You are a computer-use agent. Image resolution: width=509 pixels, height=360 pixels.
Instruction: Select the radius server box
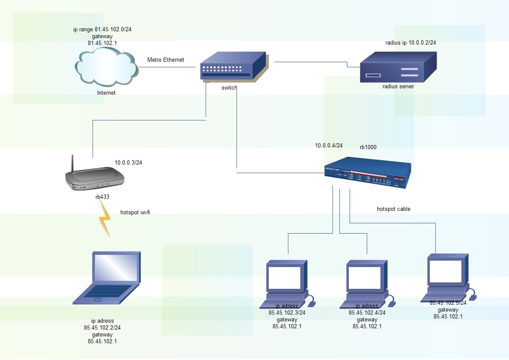[398, 67]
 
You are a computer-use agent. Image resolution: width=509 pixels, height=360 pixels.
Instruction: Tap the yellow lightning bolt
[105, 221]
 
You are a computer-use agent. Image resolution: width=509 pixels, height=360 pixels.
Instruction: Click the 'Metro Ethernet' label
[165, 60]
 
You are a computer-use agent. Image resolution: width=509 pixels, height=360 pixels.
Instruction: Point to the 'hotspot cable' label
[393, 209]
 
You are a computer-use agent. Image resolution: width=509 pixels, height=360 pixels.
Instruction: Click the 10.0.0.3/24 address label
[128, 163]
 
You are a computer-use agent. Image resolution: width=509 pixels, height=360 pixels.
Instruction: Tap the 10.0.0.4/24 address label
[329, 145]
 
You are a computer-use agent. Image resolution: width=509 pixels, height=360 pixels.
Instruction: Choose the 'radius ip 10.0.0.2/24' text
[410, 43]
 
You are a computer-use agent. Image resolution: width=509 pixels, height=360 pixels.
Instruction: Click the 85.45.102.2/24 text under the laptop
[102, 328]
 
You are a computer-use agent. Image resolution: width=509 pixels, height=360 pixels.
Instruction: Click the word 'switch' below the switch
[229, 87]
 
